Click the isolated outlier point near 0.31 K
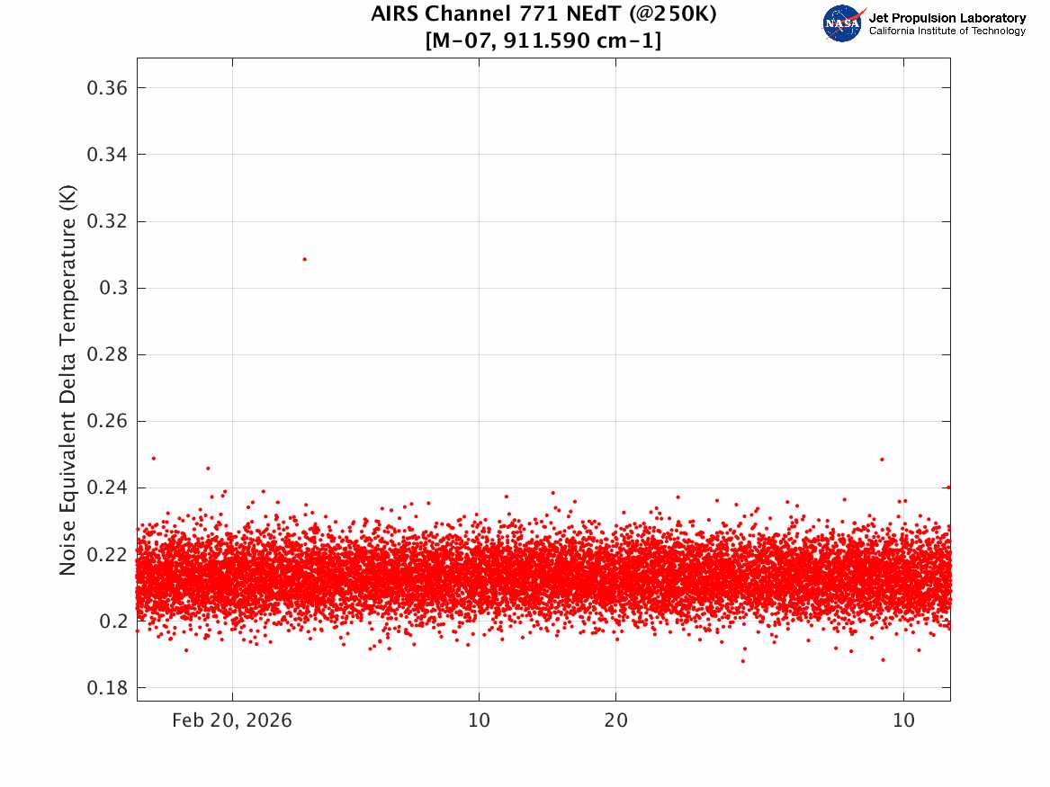tap(305, 259)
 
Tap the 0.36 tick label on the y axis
tap(107, 87)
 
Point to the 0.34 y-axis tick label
tap(107, 155)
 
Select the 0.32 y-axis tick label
tap(107, 221)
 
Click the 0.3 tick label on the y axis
tap(113, 288)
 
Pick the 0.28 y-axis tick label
tap(107, 354)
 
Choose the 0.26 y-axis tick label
tap(107, 421)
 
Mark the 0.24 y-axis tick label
tap(107, 487)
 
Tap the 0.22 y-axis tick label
tap(107, 554)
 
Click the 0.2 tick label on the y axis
tap(113, 621)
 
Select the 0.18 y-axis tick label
tap(107, 687)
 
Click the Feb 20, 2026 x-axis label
tap(232, 720)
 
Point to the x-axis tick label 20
tap(616, 720)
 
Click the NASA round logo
tap(842, 24)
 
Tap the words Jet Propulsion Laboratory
tap(947, 18)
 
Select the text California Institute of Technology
tap(947, 31)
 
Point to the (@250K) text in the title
tap(672, 14)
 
